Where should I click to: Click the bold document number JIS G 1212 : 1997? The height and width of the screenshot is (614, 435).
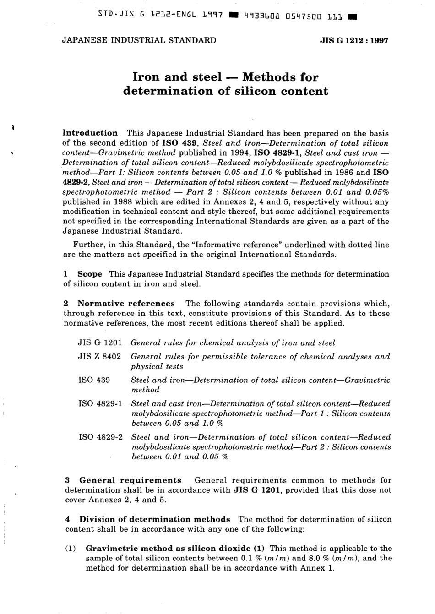point(354,40)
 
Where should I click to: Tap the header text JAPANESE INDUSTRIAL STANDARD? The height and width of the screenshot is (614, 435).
point(139,40)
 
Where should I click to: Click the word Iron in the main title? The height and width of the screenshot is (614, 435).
point(147,76)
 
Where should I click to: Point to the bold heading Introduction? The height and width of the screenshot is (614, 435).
point(90,133)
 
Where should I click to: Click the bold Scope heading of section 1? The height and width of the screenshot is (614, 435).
point(90,274)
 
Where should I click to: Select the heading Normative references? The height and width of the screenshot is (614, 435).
point(126,303)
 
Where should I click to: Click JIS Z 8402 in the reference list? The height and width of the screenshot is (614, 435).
point(99,356)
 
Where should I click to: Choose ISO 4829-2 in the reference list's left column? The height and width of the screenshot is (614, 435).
point(100,437)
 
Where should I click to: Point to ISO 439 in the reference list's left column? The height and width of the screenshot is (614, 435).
point(94,380)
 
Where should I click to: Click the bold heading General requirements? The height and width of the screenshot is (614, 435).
point(130,480)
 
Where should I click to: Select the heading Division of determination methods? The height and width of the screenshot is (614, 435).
point(154,519)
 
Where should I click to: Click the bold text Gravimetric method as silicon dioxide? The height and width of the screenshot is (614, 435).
point(168,548)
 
